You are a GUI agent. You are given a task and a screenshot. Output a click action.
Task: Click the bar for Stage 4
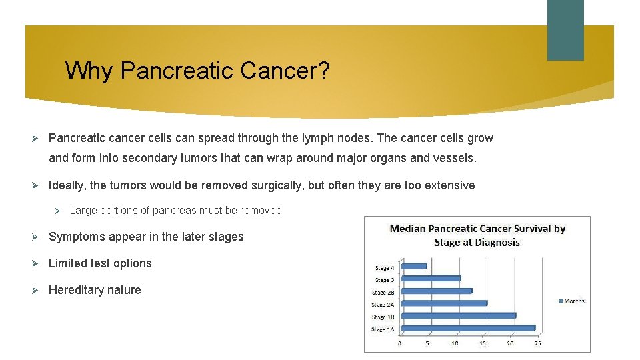point(413,266)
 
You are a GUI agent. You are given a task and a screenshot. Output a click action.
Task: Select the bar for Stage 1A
point(467,328)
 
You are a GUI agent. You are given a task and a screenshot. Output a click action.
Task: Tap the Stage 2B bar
point(436,291)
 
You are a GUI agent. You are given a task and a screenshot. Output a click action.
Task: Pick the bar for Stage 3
point(430,279)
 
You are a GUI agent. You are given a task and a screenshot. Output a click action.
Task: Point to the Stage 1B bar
point(457,315)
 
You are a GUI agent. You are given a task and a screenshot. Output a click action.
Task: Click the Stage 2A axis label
point(382,304)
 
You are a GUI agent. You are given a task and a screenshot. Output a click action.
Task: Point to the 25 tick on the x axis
point(537,343)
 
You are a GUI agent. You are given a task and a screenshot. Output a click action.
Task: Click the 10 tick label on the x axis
point(455,343)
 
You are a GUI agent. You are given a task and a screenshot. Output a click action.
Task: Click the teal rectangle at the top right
point(565,30)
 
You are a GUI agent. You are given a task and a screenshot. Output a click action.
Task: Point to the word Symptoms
point(77,237)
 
